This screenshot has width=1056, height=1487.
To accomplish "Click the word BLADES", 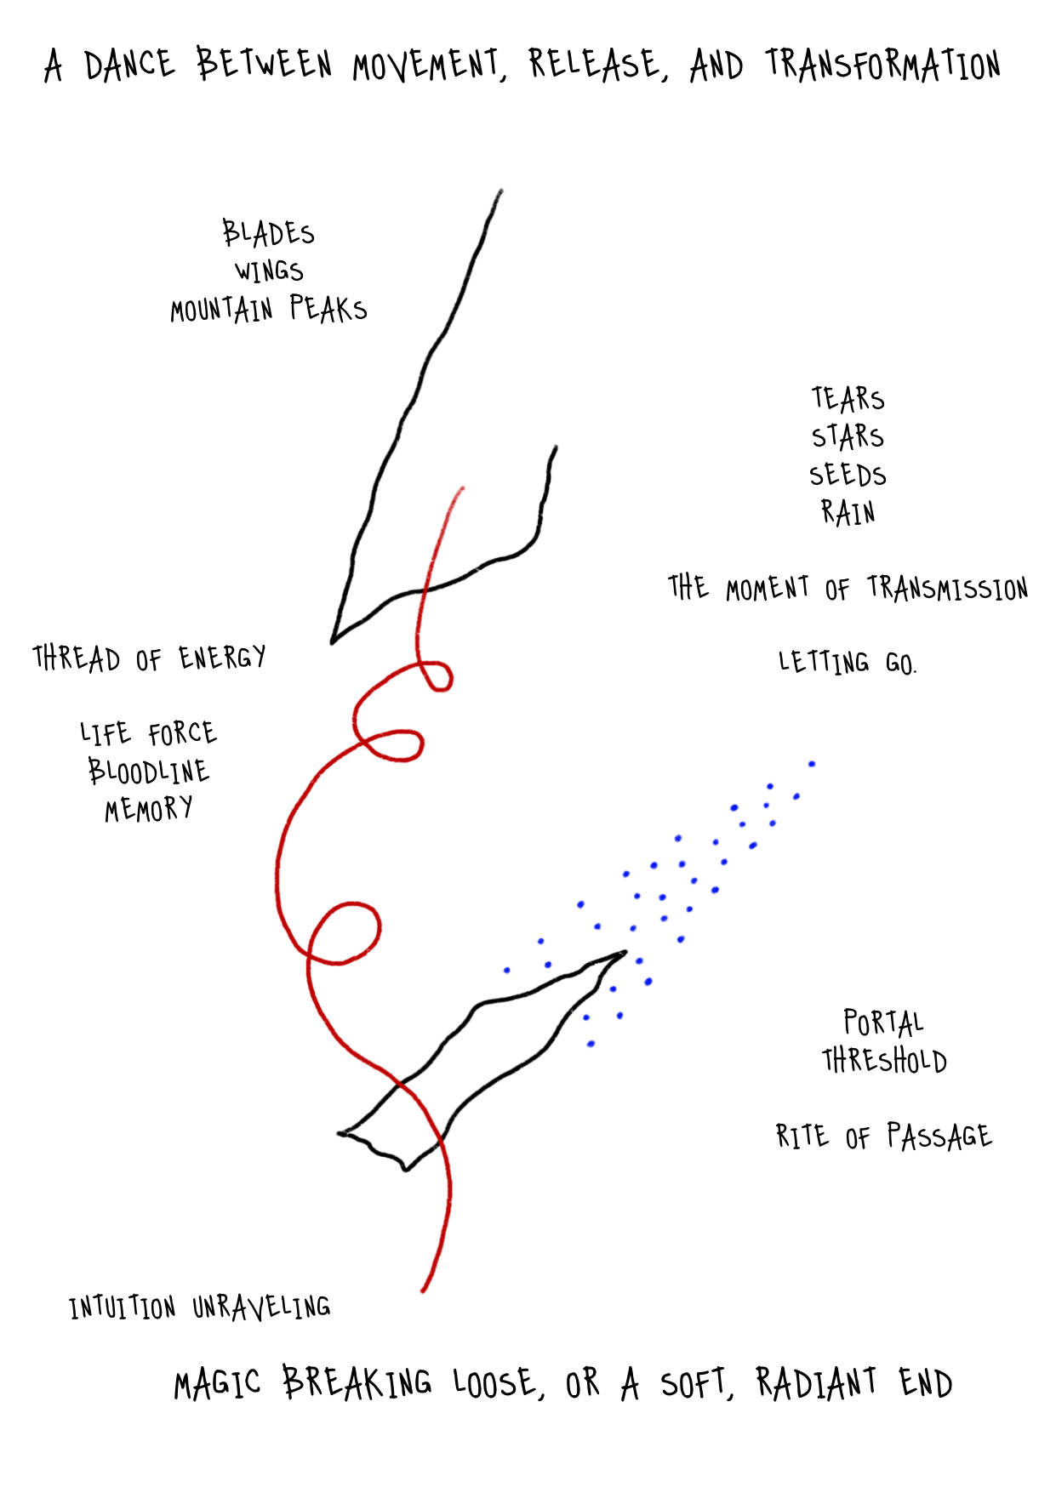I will pyautogui.click(x=268, y=233).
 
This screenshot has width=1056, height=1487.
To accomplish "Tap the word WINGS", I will pyautogui.click(x=269, y=271).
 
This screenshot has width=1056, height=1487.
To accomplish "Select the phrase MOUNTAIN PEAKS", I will pyautogui.click(x=268, y=310).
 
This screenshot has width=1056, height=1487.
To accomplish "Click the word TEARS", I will pyautogui.click(x=848, y=399).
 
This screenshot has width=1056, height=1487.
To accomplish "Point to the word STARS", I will pyautogui.click(x=848, y=436).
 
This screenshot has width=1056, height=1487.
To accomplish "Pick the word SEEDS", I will pyautogui.click(x=848, y=475).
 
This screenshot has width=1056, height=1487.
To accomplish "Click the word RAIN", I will pyautogui.click(x=848, y=512).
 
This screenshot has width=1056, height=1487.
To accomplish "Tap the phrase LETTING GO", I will pyautogui.click(x=848, y=663).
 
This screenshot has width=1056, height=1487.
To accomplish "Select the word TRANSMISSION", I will pyautogui.click(x=947, y=588).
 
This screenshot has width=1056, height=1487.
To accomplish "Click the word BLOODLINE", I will pyautogui.click(x=149, y=772).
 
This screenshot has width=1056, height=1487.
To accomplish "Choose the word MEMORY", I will pyautogui.click(x=149, y=809).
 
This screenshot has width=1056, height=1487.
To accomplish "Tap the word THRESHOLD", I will pyautogui.click(x=884, y=1061).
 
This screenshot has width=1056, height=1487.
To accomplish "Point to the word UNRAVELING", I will pyautogui.click(x=261, y=1307).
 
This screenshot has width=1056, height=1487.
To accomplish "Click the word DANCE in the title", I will pyautogui.click(x=129, y=66).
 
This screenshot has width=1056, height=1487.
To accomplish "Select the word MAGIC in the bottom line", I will pyautogui.click(x=217, y=1384).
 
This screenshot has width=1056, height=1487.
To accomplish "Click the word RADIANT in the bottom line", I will pyautogui.click(x=816, y=1382).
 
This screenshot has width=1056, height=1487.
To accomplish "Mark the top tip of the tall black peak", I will pyautogui.click(x=499, y=191).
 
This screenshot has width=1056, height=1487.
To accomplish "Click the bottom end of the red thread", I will pyautogui.click(x=423, y=1290).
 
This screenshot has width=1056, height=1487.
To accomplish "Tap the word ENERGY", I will pyautogui.click(x=222, y=658).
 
